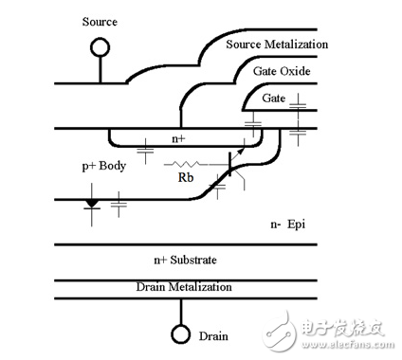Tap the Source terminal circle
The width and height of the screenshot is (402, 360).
click(100, 47)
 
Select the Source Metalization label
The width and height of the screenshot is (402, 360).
click(277, 44)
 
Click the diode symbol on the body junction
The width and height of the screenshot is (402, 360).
click(92, 202)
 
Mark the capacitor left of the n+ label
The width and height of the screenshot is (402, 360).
click(144, 148)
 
